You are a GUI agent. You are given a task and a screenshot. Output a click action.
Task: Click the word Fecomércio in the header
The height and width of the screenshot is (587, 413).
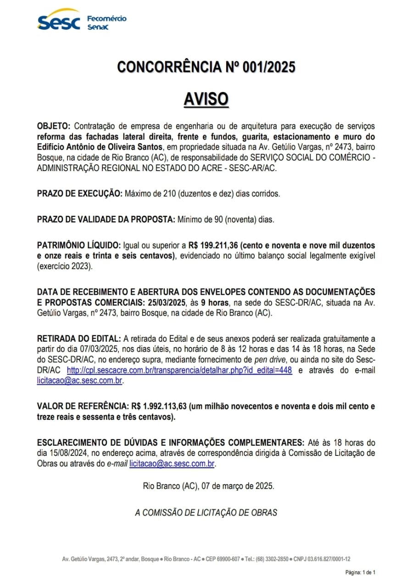coord(106,19)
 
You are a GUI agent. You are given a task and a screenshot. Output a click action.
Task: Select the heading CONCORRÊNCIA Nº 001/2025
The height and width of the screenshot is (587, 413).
coord(206,67)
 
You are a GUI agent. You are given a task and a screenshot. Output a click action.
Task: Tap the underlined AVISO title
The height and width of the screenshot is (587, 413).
coord(206,99)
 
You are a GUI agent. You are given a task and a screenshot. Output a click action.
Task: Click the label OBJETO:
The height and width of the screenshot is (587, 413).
coord(54,126)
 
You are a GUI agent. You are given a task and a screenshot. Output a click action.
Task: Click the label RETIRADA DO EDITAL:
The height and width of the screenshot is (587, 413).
coord(79,339)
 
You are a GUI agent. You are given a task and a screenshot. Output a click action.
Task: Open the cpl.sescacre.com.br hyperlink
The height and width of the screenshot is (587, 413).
coord(179,370)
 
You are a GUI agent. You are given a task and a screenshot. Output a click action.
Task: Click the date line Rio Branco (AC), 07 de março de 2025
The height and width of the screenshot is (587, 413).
coord(208,487)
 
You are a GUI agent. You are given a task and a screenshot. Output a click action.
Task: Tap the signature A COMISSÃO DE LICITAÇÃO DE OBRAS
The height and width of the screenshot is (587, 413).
coord(206,512)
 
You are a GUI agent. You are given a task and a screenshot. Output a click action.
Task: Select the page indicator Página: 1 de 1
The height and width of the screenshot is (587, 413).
coord(360,572)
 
